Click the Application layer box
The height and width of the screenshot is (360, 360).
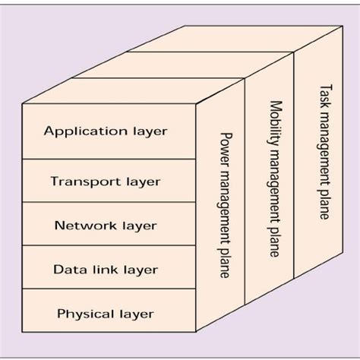pos(106,131)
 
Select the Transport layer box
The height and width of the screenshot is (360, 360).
pos(106,181)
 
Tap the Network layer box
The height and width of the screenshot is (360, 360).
pos(106,225)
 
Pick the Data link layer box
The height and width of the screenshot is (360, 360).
pos(106,269)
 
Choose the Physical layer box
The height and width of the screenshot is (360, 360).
pos(106,312)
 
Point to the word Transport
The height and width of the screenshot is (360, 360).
pos(77,182)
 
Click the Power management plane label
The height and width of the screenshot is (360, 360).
pos(225,204)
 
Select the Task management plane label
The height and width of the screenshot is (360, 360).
pos(324,152)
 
